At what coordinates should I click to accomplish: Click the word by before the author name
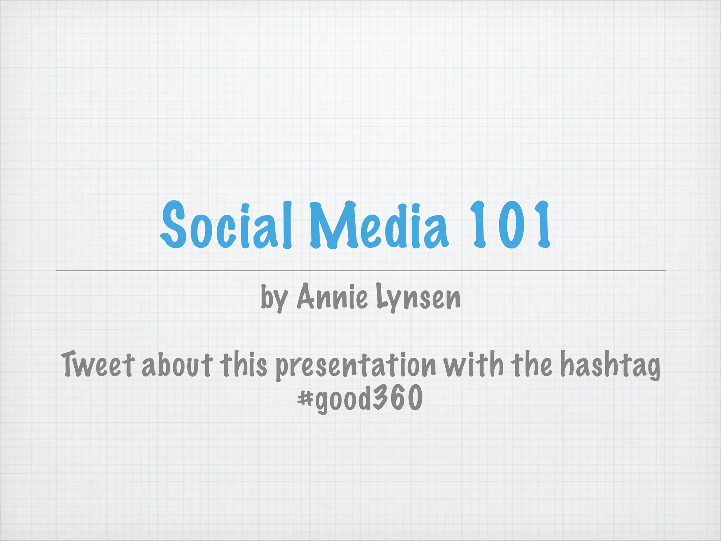point(274,298)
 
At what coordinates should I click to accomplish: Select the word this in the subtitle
point(244,364)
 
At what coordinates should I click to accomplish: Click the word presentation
point(356,366)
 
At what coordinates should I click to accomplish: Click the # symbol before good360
point(305,398)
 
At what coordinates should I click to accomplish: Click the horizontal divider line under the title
point(360,270)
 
